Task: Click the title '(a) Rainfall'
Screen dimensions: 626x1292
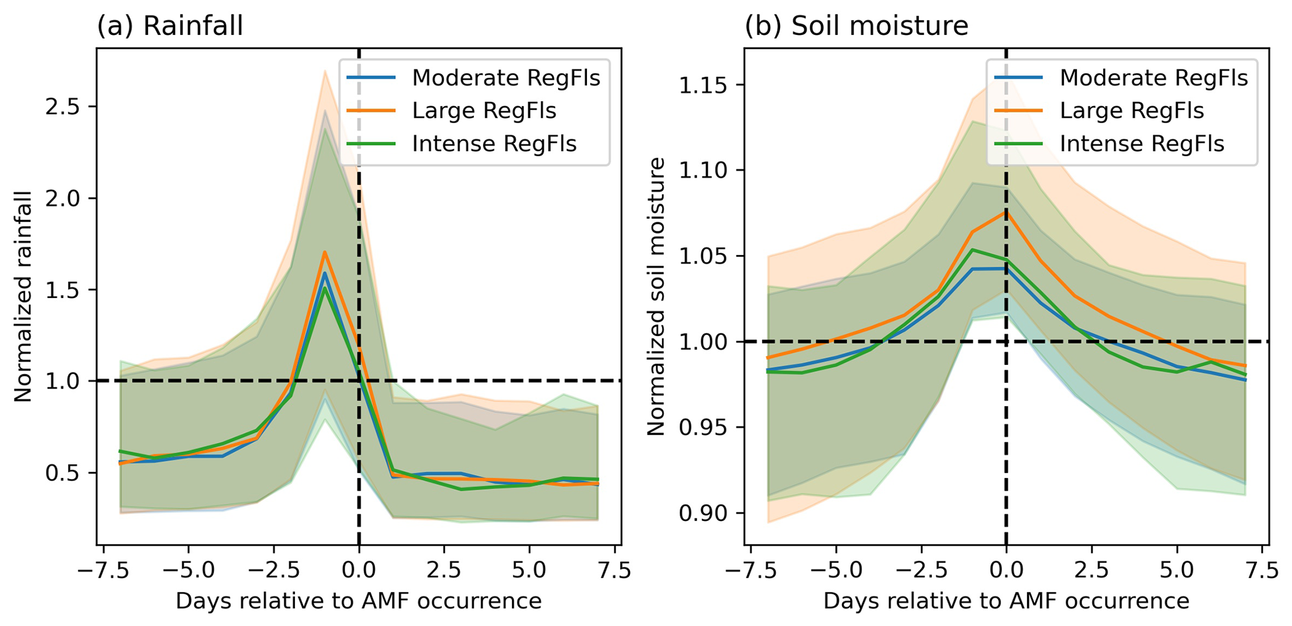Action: (x=169, y=26)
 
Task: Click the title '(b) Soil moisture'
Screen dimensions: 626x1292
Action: (x=856, y=26)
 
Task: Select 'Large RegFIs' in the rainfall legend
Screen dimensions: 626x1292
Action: (x=484, y=111)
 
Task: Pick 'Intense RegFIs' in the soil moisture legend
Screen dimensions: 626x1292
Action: (x=1141, y=144)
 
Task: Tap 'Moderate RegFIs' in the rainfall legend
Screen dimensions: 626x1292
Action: (x=506, y=78)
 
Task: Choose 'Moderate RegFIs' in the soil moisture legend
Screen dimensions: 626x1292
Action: (x=1153, y=78)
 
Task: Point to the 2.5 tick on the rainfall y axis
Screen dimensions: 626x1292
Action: (x=65, y=107)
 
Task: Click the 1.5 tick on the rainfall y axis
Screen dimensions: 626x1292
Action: (x=65, y=290)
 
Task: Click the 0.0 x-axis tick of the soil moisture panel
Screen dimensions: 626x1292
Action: (x=1006, y=571)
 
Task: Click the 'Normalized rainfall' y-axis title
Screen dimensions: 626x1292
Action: (x=23, y=297)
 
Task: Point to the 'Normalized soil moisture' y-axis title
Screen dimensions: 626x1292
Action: (x=656, y=297)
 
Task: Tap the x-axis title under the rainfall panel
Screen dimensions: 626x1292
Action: (x=358, y=601)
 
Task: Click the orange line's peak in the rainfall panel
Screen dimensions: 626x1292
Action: (x=324, y=252)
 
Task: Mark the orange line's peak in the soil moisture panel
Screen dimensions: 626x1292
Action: (x=1006, y=212)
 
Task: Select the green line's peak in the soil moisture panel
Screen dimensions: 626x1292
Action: (x=972, y=250)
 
